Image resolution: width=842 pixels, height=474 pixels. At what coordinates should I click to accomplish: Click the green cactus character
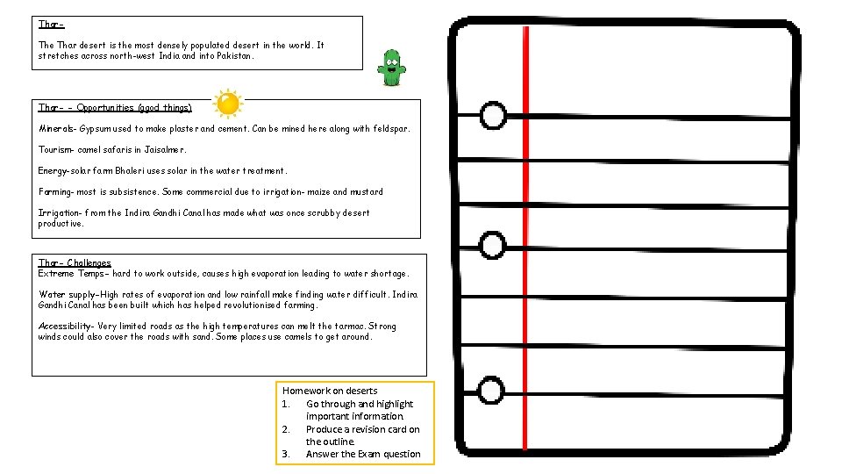pyautogui.click(x=391, y=68)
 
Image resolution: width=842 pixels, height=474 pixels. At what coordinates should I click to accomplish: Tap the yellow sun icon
pyautogui.click(x=227, y=104)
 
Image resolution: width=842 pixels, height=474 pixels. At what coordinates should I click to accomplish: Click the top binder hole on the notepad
pyautogui.click(x=494, y=115)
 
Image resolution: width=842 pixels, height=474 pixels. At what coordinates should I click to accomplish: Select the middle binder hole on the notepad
pyautogui.click(x=493, y=245)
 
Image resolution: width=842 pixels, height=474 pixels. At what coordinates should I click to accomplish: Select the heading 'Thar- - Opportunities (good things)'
pyautogui.click(x=115, y=108)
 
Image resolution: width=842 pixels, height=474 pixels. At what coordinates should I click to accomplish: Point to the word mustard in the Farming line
pyautogui.click(x=367, y=192)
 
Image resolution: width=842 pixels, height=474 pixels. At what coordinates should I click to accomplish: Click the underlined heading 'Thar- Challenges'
pyautogui.click(x=75, y=263)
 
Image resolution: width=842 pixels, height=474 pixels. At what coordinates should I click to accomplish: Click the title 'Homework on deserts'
pyautogui.click(x=330, y=391)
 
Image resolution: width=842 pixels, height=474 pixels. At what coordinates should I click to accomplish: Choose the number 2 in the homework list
pyautogui.click(x=286, y=429)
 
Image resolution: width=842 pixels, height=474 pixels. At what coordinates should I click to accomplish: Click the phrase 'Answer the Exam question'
pyautogui.click(x=363, y=454)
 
